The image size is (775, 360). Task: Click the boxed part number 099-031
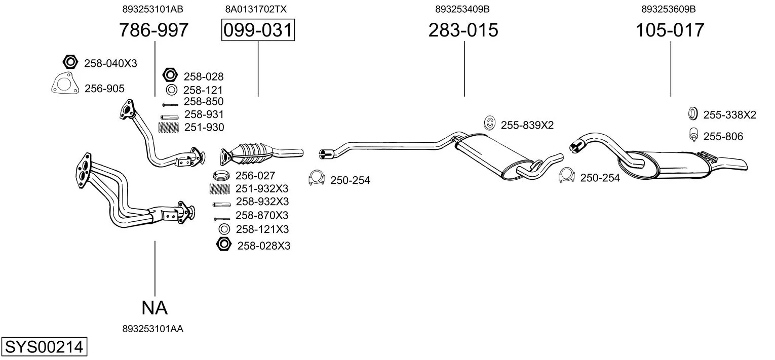258,30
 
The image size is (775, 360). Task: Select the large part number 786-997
153,30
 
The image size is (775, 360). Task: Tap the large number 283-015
463,30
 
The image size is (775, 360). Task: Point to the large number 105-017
670,30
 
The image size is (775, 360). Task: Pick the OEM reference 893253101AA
152,329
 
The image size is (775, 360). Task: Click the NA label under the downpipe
154,307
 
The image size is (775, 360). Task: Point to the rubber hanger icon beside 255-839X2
490,123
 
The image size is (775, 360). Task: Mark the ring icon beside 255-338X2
693,114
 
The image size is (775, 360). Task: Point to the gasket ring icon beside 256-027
221,176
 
